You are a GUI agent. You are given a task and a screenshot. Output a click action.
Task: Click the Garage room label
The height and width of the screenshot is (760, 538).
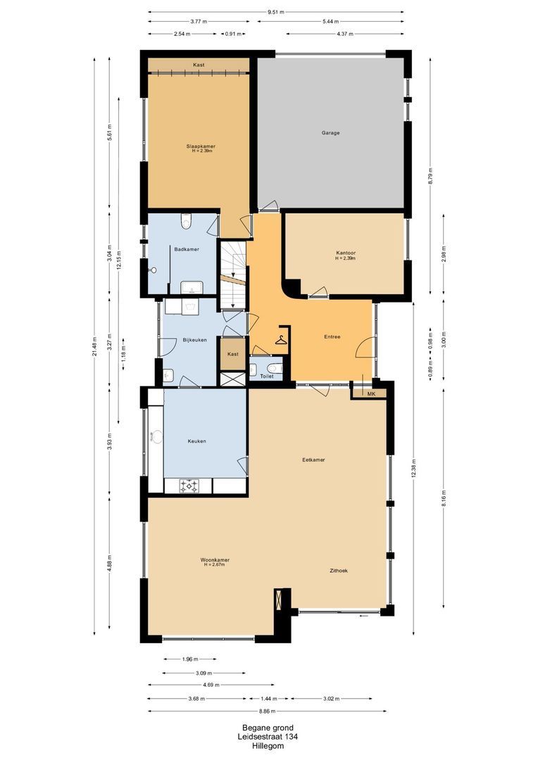[330, 133]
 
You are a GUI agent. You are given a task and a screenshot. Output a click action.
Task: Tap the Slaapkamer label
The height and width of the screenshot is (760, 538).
[201, 146]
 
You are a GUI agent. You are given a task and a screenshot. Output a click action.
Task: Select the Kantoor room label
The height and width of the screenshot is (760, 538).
[346, 253]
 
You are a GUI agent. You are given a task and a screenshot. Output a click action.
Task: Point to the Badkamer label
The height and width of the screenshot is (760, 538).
[187, 249]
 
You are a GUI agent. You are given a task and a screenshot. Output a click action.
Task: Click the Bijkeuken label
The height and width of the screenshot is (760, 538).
[194, 340]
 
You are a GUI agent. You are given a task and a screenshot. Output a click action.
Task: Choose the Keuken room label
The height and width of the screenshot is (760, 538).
[197, 441]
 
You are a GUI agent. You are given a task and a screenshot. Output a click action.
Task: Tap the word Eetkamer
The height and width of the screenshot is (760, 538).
[313, 460]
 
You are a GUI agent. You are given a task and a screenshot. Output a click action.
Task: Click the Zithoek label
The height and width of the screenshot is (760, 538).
[338, 571]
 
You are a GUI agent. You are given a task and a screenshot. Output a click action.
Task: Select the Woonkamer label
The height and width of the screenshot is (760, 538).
[215, 560]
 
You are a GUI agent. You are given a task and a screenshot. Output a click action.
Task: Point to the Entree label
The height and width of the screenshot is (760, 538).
[332, 336]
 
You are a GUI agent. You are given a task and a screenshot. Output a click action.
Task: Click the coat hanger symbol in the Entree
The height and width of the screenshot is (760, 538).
[281, 340]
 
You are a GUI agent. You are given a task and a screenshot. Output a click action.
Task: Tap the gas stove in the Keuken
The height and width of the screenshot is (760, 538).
[189, 486]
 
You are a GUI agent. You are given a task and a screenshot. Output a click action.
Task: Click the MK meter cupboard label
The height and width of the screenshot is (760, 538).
[372, 394]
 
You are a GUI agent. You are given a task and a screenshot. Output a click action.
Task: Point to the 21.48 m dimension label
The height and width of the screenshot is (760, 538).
[94, 346]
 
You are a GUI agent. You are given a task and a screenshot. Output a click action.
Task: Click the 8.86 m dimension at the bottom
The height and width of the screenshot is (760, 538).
[267, 711]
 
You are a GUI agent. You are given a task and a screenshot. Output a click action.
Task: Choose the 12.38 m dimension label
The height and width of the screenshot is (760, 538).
[413, 468]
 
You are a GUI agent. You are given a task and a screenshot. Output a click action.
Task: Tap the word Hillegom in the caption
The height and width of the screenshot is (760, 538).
[268, 746]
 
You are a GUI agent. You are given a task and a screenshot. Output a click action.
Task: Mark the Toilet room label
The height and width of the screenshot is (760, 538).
[267, 376]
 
